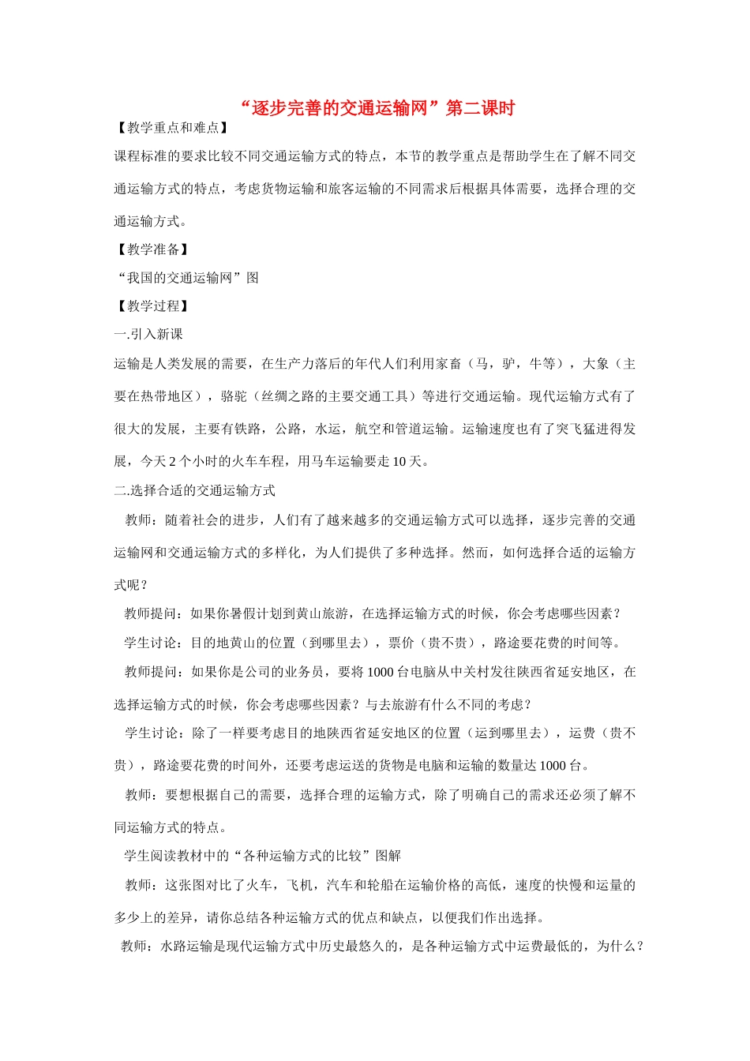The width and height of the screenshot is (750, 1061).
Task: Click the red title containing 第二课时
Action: pyautogui.click(x=377, y=108)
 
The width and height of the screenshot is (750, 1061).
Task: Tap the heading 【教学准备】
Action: pyautogui.click(x=152, y=249)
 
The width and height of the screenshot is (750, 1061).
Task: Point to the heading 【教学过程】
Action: pyautogui.click(x=152, y=306)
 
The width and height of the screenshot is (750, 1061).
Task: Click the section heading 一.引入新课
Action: pyautogui.click(x=148, y=335)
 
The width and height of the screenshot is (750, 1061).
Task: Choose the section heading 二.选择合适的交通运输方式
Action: pyautogui.click(x=194, y=491)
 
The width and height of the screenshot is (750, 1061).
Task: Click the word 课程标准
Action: pyautogui.click(x=141, y=156)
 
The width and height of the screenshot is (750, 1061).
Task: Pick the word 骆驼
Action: pyautogui.click(x=234, y=396)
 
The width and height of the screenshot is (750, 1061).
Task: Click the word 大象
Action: pyautogui.click(x=596, y=364)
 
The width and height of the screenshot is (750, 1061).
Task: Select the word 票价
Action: pyautogui.click(x=402, y=643)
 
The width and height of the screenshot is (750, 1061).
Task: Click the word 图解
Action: pyautogui.click(x=388, y=856)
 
